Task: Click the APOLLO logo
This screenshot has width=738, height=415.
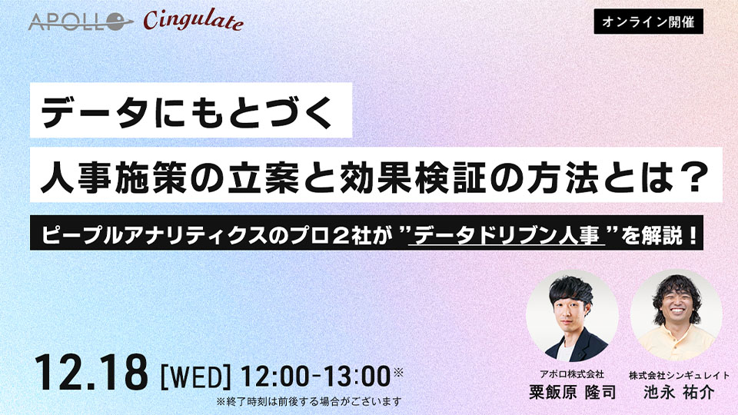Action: point(80,22)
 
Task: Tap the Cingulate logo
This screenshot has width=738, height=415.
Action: point(193,21)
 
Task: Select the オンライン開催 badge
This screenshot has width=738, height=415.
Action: point(649,22)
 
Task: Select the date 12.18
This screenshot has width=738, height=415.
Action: point(91,373)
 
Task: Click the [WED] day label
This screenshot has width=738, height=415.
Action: point(195,377)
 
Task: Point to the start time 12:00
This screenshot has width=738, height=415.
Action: point(274,377)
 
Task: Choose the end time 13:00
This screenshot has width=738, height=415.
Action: point(354,377)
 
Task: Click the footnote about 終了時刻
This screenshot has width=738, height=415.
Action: point(309,401)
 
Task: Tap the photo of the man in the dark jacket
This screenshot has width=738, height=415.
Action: point(572,316)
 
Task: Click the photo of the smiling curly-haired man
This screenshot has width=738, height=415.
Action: point(676,316)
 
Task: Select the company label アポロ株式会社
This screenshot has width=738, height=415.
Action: point(572,374)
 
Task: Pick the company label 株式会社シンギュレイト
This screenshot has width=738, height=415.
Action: point(679,375)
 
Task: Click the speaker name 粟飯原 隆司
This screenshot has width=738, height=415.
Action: point(572,392)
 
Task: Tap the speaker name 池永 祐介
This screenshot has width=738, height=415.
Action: point(679,392)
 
